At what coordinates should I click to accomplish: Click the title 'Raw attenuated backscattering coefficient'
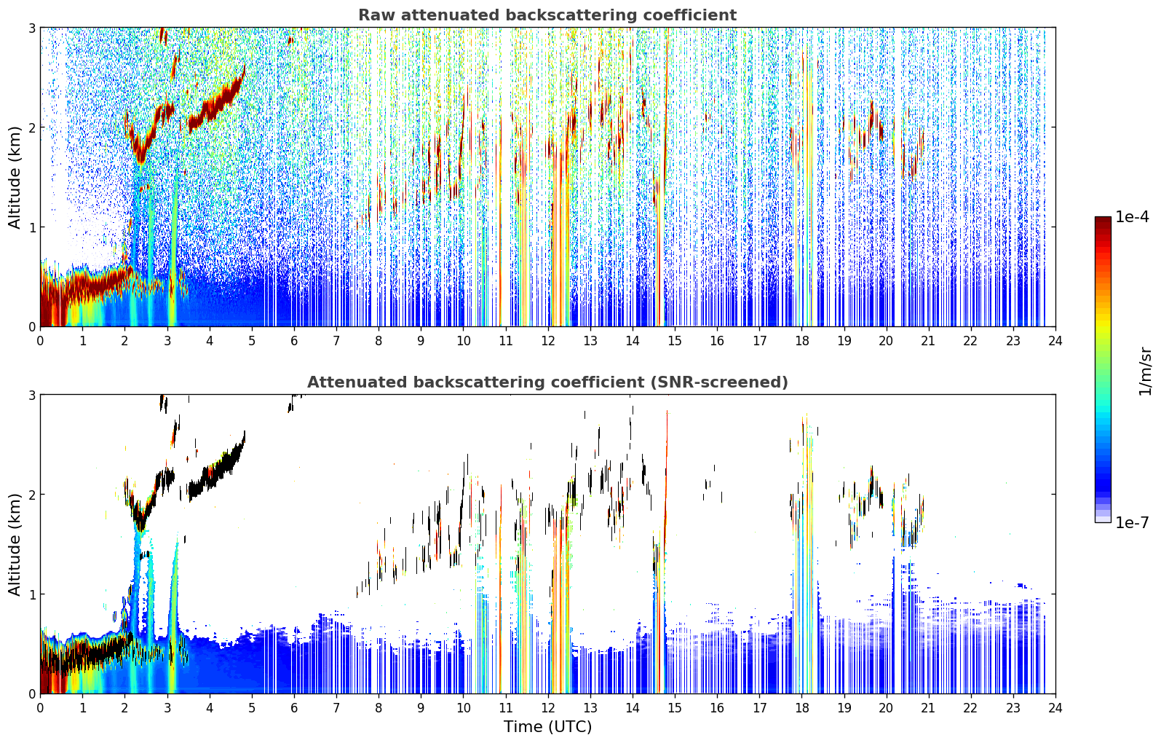pos(547,15)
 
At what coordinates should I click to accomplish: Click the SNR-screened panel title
pos(547,382)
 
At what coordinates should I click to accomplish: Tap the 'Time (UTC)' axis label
pos(547,726)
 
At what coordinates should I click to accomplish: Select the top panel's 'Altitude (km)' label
pos(15,178)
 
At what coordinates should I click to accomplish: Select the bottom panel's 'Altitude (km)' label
pos(15,544)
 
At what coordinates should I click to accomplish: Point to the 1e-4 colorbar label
pos(1133,217)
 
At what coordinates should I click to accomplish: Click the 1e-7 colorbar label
pos(1133,522)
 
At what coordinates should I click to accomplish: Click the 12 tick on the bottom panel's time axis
pos(548,708)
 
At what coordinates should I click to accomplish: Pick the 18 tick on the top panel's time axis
pos(802,341)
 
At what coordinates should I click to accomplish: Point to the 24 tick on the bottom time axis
pos(1055,708)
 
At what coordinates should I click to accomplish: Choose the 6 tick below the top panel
pos(294,341)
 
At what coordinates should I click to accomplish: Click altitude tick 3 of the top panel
pos(31,28)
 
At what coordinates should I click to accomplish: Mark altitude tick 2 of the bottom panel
pos(31,495)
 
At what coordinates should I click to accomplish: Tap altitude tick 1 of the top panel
pos(31,227)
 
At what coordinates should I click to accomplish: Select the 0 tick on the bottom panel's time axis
pos(41,708)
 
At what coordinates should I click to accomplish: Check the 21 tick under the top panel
pos(928,341)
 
